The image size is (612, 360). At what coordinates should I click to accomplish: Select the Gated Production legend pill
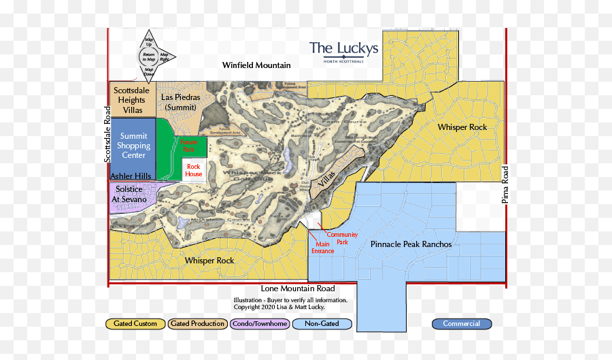click(x=197, y=324)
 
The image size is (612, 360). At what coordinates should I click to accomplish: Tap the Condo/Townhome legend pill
click(x=260, y=324)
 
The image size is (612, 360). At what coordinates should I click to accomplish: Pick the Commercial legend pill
click(x=462, y=324)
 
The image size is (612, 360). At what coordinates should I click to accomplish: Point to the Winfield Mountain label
click(x=256, y=65)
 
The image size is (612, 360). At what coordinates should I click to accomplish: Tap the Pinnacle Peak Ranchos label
click(x=411, y=244)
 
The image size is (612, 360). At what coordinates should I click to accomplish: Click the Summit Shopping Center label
click(x=133, y=146)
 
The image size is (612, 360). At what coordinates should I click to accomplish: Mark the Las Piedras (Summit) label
click(x=180, y=102)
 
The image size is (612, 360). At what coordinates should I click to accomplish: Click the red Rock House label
click(x=194, y=170)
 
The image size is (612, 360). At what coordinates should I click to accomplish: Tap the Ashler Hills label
click(x=131, y=176)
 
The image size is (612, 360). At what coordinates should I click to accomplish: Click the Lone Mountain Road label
click(x=298, y=289)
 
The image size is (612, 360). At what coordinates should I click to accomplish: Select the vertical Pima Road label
click(x=505, y=184)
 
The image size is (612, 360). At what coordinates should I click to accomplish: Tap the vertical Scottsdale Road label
click(x=107, y=133)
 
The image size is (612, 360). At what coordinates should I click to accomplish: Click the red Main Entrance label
click(x=323, y=248)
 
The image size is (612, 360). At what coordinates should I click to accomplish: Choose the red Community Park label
click(x=342, y=238)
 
